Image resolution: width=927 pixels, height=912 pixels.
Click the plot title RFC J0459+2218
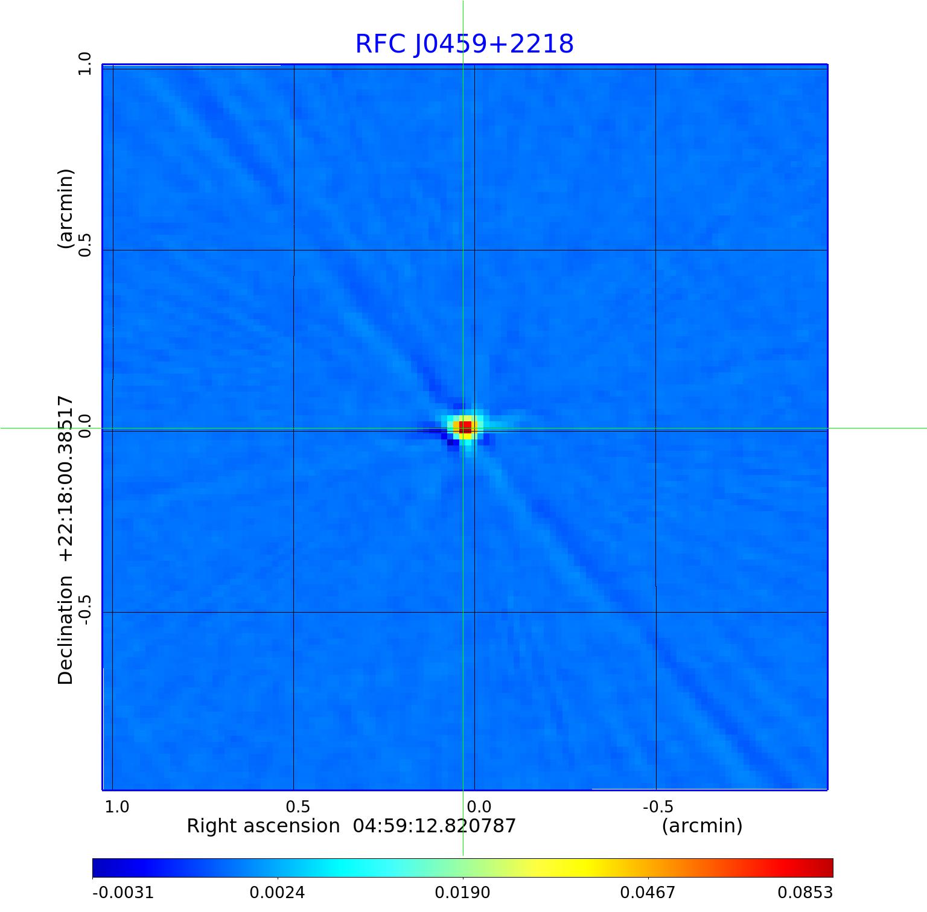click(464, 44)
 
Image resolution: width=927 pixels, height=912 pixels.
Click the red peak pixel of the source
click(465, 427)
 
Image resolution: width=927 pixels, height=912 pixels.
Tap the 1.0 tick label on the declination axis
click(84, 63)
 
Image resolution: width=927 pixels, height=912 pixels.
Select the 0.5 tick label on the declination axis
click(84, 244)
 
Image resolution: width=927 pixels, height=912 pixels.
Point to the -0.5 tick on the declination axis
click(84, 609)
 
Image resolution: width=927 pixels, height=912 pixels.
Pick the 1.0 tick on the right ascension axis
click(117, 807)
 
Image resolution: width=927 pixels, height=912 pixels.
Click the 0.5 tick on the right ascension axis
click(298, 807)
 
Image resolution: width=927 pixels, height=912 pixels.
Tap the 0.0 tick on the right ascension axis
click(479, 807)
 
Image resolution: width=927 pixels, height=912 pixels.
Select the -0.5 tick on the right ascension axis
click(658, 807)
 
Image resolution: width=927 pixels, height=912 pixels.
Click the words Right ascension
click(263, 826)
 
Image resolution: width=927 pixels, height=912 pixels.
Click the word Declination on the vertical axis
click(65, 630)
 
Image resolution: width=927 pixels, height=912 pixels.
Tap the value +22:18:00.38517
click(65, 479)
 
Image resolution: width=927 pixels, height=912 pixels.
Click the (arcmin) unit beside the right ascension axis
click(702, 826)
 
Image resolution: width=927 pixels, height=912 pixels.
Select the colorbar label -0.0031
click(123, 893)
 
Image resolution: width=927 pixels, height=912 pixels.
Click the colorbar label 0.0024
click(277, 893)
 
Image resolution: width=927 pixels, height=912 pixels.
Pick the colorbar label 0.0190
click(462, 893)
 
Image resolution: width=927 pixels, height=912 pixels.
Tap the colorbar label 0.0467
click(648, 893)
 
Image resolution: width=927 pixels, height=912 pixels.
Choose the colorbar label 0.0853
click(804, 893)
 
